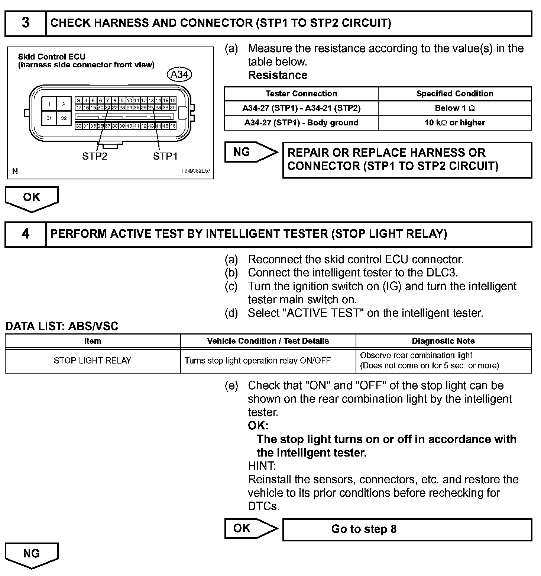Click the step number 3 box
(25, 23)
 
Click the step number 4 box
(25, 234)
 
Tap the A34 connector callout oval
(179, 74)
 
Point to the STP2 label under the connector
(94, 156)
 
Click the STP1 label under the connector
(165, 156)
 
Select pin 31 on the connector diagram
(49, 118)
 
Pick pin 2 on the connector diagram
(64, 104)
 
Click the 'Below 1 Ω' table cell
(455, 108)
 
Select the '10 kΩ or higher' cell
(455, 123)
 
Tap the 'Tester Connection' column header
(301, 94)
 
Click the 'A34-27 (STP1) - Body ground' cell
(301, 123)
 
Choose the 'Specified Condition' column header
(455, 94)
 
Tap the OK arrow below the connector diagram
(32, 198)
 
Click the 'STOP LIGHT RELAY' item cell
(93, 361)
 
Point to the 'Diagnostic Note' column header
(443, 341)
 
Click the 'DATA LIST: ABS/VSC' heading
(62, 326)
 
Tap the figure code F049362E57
(196, 171)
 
